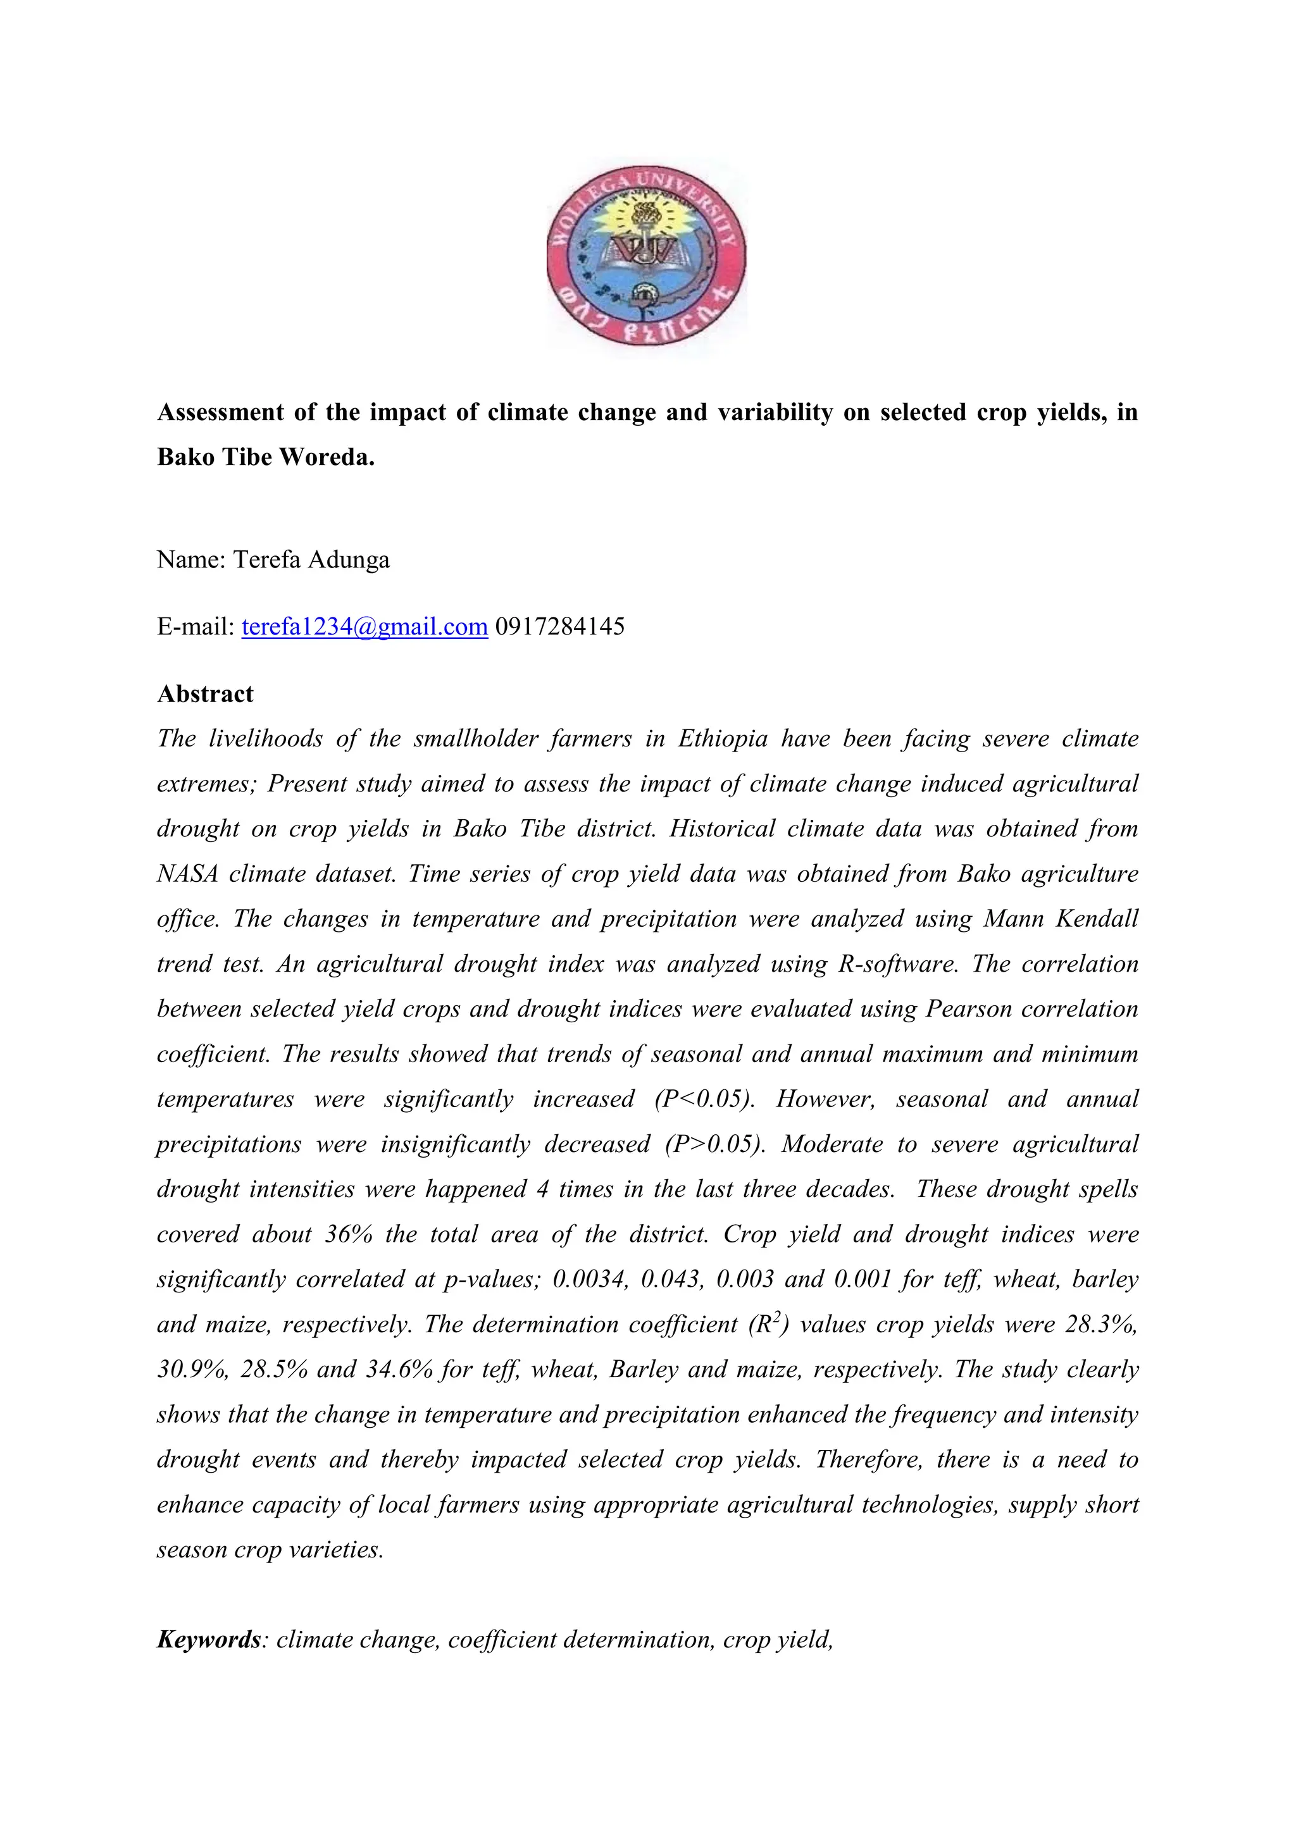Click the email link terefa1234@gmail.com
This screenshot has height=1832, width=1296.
(x=364, y=626)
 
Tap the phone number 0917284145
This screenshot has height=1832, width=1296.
(x=559, y=626)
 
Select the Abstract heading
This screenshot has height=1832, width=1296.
(x=205, y=694)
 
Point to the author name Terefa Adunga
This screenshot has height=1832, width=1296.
(x=311, y=560)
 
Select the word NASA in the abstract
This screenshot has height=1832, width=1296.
(x=187, y=874)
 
